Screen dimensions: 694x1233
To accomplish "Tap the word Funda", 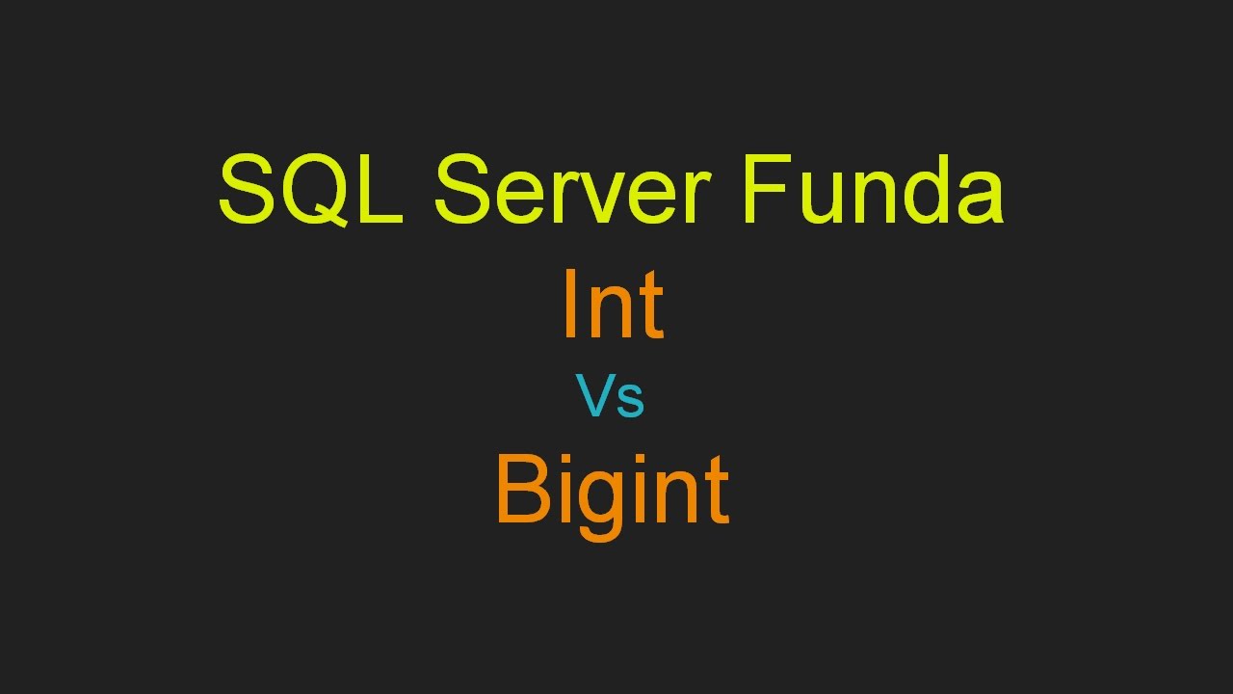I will tap(873, 190).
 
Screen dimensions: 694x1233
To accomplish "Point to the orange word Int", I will tap(613, 306).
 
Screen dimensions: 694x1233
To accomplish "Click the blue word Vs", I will tap(610, 396).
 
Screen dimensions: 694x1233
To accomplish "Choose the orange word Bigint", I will tap(612, 490).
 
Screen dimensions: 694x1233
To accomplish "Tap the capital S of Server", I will tap(464, 190).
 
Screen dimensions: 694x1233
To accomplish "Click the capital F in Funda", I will tap(768, 190).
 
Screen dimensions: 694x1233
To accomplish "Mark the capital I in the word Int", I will tap(567, 306).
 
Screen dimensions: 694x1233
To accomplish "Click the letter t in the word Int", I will tap(651, 308).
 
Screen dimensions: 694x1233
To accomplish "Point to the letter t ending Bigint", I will tap(716, 493).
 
